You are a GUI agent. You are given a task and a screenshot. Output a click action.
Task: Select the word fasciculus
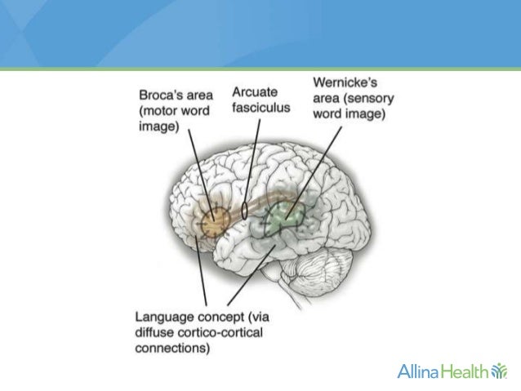coord(260,108)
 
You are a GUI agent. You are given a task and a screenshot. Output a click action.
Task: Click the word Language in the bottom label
coord(168,315)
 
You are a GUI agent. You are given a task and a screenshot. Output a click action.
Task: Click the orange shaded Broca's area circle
coord(216,219)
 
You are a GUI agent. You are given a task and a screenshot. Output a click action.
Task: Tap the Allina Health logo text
coord(441,372)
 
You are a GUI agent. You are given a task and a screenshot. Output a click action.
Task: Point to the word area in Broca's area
coord(202,96)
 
